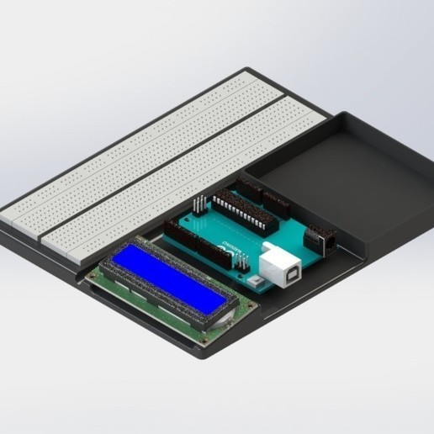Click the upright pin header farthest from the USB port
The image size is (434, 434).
[x=198, y=205]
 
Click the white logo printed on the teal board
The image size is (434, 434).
[x=232, y=248]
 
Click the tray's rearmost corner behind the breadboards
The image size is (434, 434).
[x=246, y=70]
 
